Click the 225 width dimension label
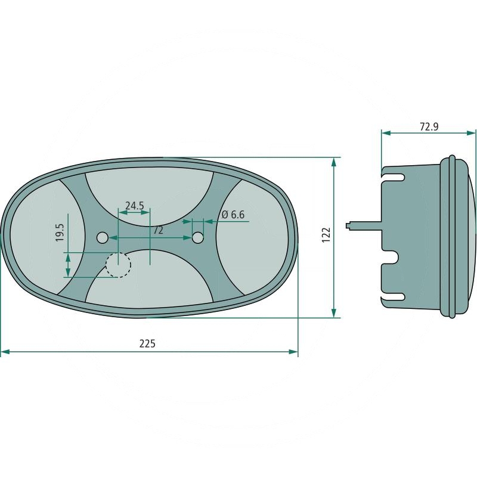pyautogui.click(x=147, y=343)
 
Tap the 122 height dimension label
pyautogui.click(x=326, y=235)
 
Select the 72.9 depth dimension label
pyautogui.click(x=429, y=126)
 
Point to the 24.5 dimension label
pyautogui.click(x=135, y=206)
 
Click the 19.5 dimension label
pyautogui.click(x=60, y=233)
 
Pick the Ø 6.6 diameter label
pyautogui.click(x=233, y=215)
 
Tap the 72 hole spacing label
pyautogui.click(x=158, y=230)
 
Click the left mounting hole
pyautogui.click(x=102, y=237)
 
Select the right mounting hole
pyautogui.click(x=198, y=237)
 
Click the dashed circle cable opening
pyautogui.click(x=118, y=265)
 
